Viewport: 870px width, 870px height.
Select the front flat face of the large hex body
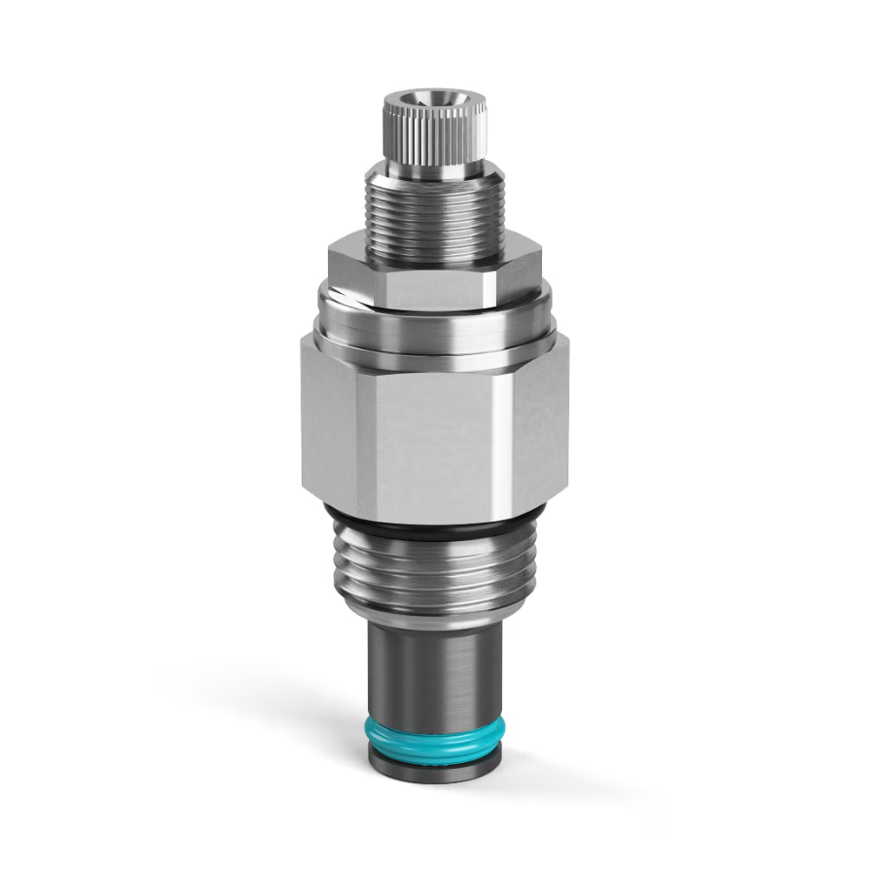pyautogui.click(x=431, y=444)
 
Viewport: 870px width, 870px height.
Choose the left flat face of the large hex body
pyautogui.click(x=329, y=418)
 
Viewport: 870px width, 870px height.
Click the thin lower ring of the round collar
pyautogui.click(x=435, y=352)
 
